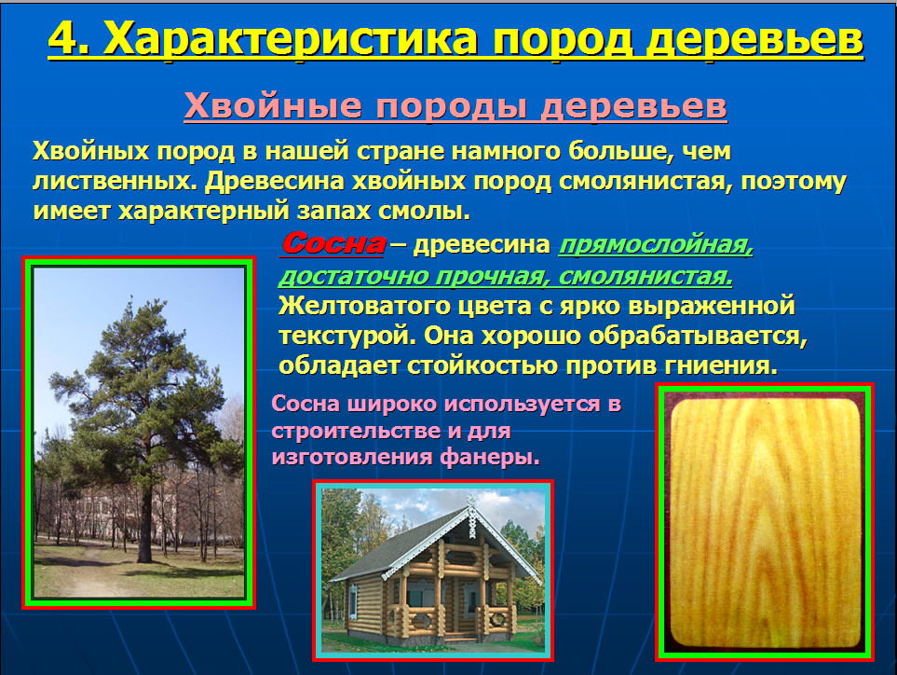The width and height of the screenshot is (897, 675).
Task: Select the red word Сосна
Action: pyautogui.click(x=333, y=243)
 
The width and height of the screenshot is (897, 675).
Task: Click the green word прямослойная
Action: pyautogui.click(x=656, y=245)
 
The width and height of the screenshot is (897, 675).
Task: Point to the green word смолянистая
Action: pyautogui.click(x=646, y=277)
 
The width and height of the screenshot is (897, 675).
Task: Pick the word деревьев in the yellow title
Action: pyautogui.click(x=754, y=39)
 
